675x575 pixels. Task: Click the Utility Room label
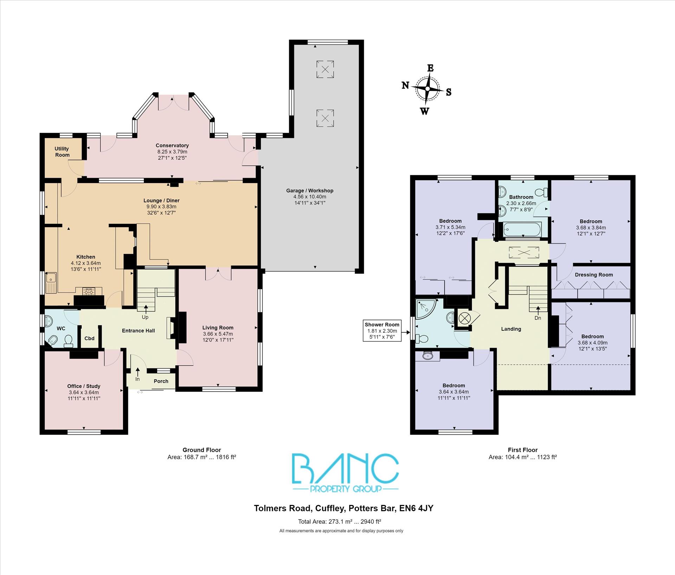(x=62, y=152)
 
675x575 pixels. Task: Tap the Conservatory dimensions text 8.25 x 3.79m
(x=172, y=152)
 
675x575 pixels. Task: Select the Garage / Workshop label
(x=309, y=190)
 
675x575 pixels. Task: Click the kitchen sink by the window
(x=51, y=283)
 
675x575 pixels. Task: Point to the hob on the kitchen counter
(x=88, y=291)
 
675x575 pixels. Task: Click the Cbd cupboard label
(x=89, y=338)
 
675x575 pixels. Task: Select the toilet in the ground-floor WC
(x=68, y=341)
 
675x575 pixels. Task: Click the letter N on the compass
(x=405, y=85)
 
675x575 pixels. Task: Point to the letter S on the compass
(x=449, y=92)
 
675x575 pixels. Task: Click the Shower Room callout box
(x=382, y=330)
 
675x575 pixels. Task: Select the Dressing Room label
(x=593, y=274)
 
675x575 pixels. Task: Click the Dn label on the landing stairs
(x=538, y=318)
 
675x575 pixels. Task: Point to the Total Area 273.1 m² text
(x=339, y=522)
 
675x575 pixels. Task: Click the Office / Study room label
(x=84, y=386)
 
